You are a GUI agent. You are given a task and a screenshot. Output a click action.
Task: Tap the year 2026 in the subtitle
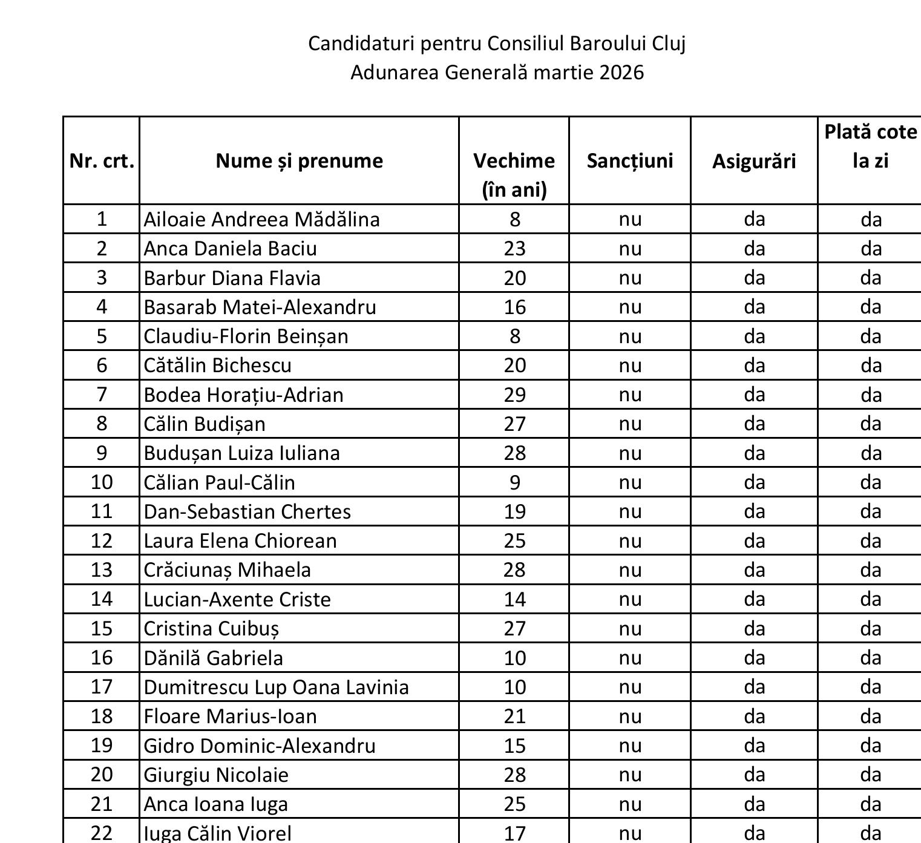(621, 73)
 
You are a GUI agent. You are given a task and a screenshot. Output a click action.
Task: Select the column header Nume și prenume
(299, 161)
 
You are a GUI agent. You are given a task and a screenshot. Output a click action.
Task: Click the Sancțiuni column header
(629, 161)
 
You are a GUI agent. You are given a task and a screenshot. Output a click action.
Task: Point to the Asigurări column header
(753, 162)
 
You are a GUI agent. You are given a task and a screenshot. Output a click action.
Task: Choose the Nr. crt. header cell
(102, 161)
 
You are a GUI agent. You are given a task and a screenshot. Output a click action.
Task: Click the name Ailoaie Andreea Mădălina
(261, 219)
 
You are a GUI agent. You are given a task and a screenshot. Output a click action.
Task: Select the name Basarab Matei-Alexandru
(260, 307)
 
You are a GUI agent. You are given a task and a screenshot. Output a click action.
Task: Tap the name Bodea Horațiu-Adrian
(243, 395)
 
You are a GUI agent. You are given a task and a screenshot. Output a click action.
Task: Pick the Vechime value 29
(514, 395)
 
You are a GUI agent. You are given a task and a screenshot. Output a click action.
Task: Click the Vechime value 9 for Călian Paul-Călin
(514, 482)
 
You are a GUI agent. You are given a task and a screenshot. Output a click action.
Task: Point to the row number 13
(102, 570)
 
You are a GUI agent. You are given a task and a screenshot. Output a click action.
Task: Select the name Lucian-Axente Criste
(237, 599)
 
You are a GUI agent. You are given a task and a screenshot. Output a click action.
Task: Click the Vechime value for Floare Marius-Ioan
(514, 717)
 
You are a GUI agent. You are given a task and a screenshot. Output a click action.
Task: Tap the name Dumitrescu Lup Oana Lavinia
(276, 687)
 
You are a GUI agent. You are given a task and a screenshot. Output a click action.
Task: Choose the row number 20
(102, 775)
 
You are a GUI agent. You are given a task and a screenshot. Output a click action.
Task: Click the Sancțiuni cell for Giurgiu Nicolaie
(629, 775)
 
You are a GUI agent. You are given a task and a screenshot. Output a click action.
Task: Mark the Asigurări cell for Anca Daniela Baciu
(754, 249)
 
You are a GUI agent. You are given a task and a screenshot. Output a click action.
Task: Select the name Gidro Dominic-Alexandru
(260, 746)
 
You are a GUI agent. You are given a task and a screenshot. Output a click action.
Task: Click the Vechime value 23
(514, 249)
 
